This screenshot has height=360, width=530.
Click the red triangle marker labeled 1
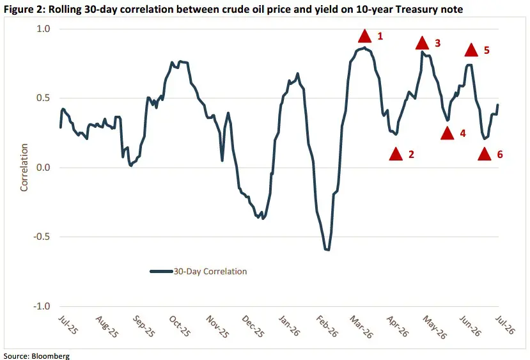point(364,36)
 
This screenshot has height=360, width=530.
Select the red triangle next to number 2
point(396,154)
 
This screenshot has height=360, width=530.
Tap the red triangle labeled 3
point(422,43)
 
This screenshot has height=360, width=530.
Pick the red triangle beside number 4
point(448,134)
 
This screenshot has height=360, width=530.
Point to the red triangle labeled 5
point(471,50)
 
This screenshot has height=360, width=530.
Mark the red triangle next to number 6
point(485,154)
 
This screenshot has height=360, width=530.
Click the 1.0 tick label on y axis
point(43,29)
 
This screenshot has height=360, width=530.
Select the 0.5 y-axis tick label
point(43,98)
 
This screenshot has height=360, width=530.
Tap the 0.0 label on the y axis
point(43,168)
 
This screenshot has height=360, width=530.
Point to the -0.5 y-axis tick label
point(42,237)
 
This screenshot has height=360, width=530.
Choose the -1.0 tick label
point(42,306)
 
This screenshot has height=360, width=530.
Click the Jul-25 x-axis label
point(68,325)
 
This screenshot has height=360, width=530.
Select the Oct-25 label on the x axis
point(180,326)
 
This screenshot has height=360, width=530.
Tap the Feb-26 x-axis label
point(327,326)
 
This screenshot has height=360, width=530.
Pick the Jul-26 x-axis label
point(505,325)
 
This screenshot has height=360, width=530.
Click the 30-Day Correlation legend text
point(210,271)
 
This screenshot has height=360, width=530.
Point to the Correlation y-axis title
point(24,168)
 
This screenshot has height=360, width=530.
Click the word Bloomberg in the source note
point(51,356)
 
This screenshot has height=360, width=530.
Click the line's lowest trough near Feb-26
point(327,250)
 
